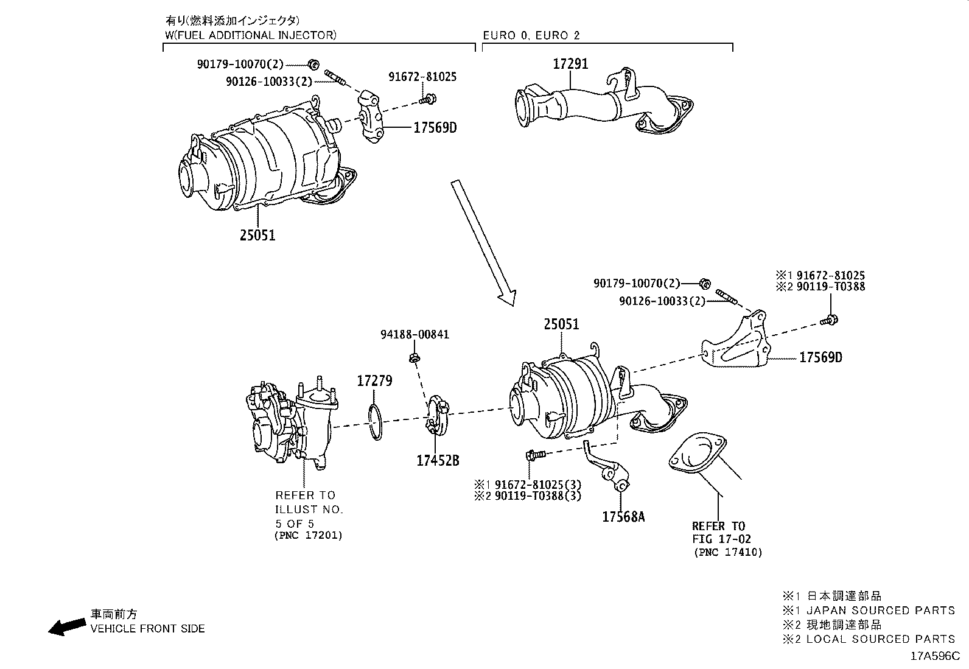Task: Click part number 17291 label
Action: coord(570,64)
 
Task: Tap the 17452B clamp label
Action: coord(437,461)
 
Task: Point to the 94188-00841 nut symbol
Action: coord(413,357)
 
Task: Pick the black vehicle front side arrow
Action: coord(67,626)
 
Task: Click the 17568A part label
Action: coord(623,517)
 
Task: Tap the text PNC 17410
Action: coord(727,552)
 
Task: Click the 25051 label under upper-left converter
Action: coord(257,234)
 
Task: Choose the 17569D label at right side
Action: coord(820,357)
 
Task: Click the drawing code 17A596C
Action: coord(934,656)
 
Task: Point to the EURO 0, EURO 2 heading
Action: coord(531,35)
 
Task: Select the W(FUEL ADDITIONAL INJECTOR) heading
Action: coord(250,35)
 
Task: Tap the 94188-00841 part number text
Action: coord(415,334)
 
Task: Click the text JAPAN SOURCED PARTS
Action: coord(880,611)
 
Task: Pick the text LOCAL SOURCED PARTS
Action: coord(880,639)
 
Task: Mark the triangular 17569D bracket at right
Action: coord(736,347)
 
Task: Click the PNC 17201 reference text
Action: coord(308,535)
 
